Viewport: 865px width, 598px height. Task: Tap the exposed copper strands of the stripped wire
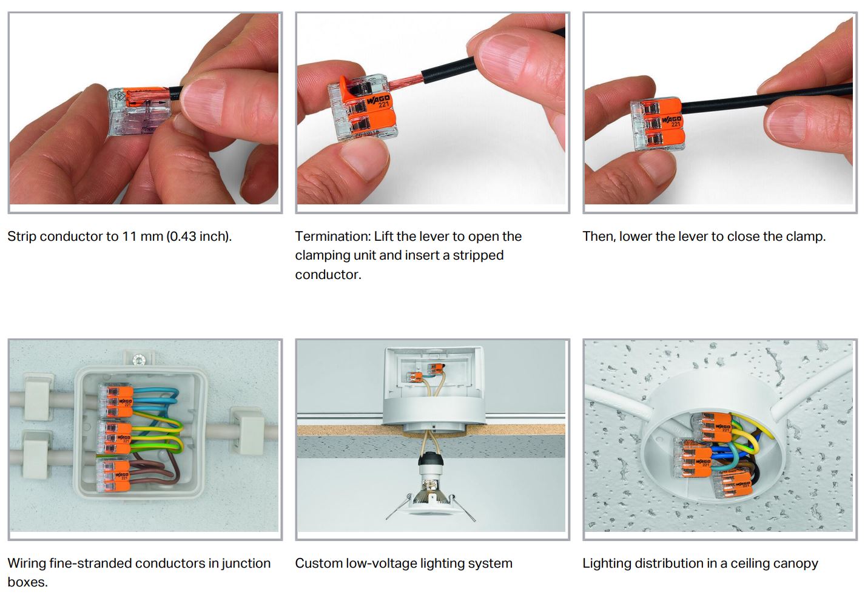pos(405,81)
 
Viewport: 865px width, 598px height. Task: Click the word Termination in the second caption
pos(331,237)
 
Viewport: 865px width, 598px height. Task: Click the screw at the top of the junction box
pos(138,360)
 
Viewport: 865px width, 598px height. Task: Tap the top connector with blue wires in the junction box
pos(116,401)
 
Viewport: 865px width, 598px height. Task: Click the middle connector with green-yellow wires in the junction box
pos(115,438)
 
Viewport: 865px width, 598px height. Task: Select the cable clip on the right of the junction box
pos(247,431)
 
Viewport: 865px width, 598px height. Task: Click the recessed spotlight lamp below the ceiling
pos(431,502)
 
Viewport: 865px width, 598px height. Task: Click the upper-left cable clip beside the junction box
pos(38,397)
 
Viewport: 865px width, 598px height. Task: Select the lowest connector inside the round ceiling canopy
pos(731,486)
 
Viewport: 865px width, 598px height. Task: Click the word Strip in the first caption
pos(22,237)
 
